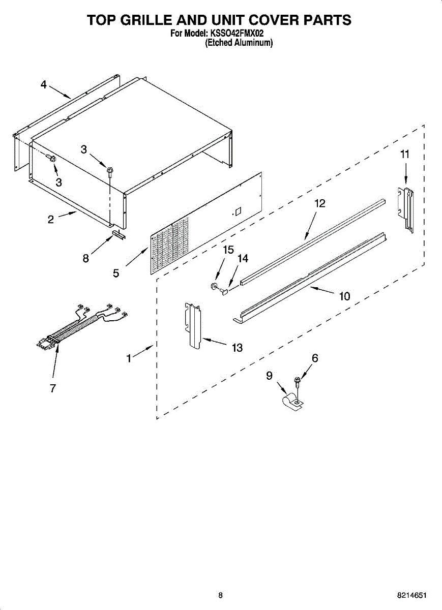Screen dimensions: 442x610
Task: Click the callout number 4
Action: click(x=44, y=85)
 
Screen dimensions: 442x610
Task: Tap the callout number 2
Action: click(x=51, y=220)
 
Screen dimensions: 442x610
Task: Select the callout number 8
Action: click(x=86, y=258)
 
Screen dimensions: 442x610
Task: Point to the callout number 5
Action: click(x=116, y=273)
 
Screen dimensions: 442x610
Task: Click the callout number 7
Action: click(x=52, y=388)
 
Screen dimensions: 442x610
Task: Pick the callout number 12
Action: click(x=319, y=203)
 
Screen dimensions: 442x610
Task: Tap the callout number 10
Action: click(x=345, y=296)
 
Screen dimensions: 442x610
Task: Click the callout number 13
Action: click(x=237, y=348)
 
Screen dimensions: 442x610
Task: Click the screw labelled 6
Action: click(x=298, y=379)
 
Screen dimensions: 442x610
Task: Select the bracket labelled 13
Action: click(x=193, y=325)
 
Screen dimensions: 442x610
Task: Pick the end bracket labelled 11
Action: click(x=406, y=208)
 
